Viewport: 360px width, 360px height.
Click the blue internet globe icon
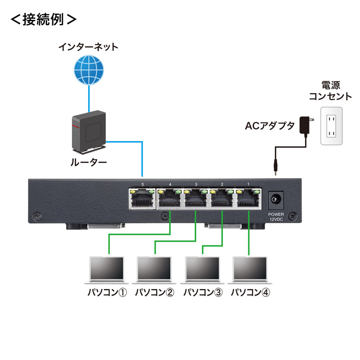tap(89, 70)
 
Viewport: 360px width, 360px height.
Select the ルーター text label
tap(89, 163)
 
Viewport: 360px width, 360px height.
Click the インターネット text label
tap(89, 46)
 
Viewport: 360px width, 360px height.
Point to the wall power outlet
tap(331, 126)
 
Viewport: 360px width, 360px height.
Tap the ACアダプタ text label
tap(270, 126)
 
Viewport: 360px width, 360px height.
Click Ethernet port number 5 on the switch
tap(142, 198)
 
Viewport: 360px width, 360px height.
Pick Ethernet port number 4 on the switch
tap(170, 198)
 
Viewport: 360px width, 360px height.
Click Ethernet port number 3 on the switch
tap(196, 198)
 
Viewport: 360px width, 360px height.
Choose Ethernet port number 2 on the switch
tap(222, 198)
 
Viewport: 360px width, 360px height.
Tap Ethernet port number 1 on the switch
tap(248, 198)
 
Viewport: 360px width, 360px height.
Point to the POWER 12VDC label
tap(276, 216)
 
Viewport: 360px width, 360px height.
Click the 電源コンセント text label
tap(330, 90)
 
